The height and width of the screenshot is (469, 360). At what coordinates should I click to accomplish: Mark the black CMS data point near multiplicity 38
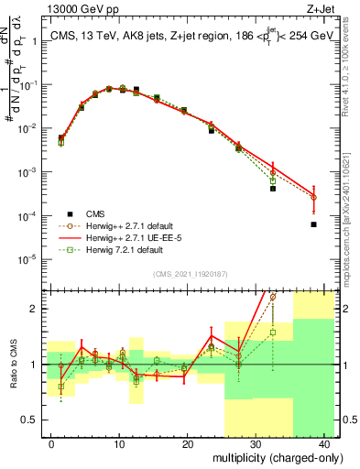pos(313,224)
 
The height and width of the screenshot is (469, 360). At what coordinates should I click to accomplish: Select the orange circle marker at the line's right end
pos(313,197)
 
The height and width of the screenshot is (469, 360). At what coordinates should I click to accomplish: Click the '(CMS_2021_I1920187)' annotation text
pos(190,272)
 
